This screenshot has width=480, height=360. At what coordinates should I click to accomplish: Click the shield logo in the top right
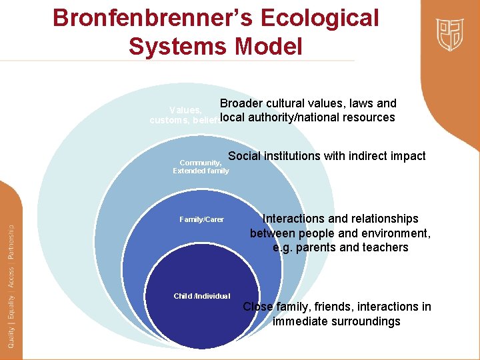click(x=450, y=34)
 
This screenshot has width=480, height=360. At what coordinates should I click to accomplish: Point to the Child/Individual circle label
click(x=202, y=296)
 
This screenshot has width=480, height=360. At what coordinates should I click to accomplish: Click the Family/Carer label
click(x=202, y=219)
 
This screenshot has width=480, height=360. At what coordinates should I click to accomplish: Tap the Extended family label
click(x=201, y=171)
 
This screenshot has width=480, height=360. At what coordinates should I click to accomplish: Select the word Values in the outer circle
click(x=185, y=110)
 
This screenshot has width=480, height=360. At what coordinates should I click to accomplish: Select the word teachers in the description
click(x=384, y=247)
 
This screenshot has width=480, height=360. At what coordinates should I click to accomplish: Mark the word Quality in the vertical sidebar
click(x=11, y=333)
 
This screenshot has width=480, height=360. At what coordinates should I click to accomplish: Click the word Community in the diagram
click(x=200, y=163)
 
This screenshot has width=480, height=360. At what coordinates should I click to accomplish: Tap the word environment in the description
click(x=395, y=233)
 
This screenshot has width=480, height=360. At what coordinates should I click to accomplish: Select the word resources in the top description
click(x=369, y=117)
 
